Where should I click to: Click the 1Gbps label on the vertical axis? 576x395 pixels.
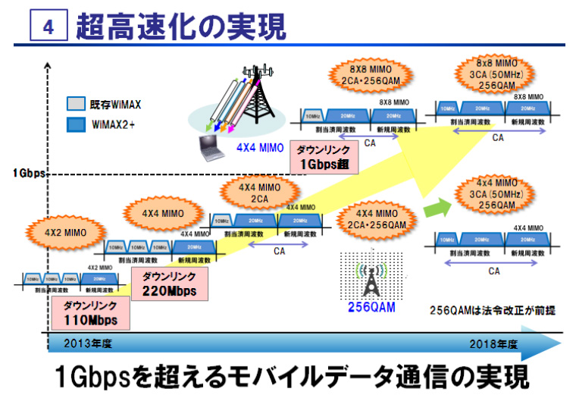point(30,173)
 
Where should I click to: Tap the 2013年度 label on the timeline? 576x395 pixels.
point(90,343)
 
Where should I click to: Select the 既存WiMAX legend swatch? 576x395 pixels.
point(77,104)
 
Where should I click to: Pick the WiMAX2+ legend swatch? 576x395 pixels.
point(77,123)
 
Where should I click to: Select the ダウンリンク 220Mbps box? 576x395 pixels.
point(169,284)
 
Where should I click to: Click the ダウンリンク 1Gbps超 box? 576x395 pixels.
point(323,157)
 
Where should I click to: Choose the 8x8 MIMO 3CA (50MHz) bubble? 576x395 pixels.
point(496,74)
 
